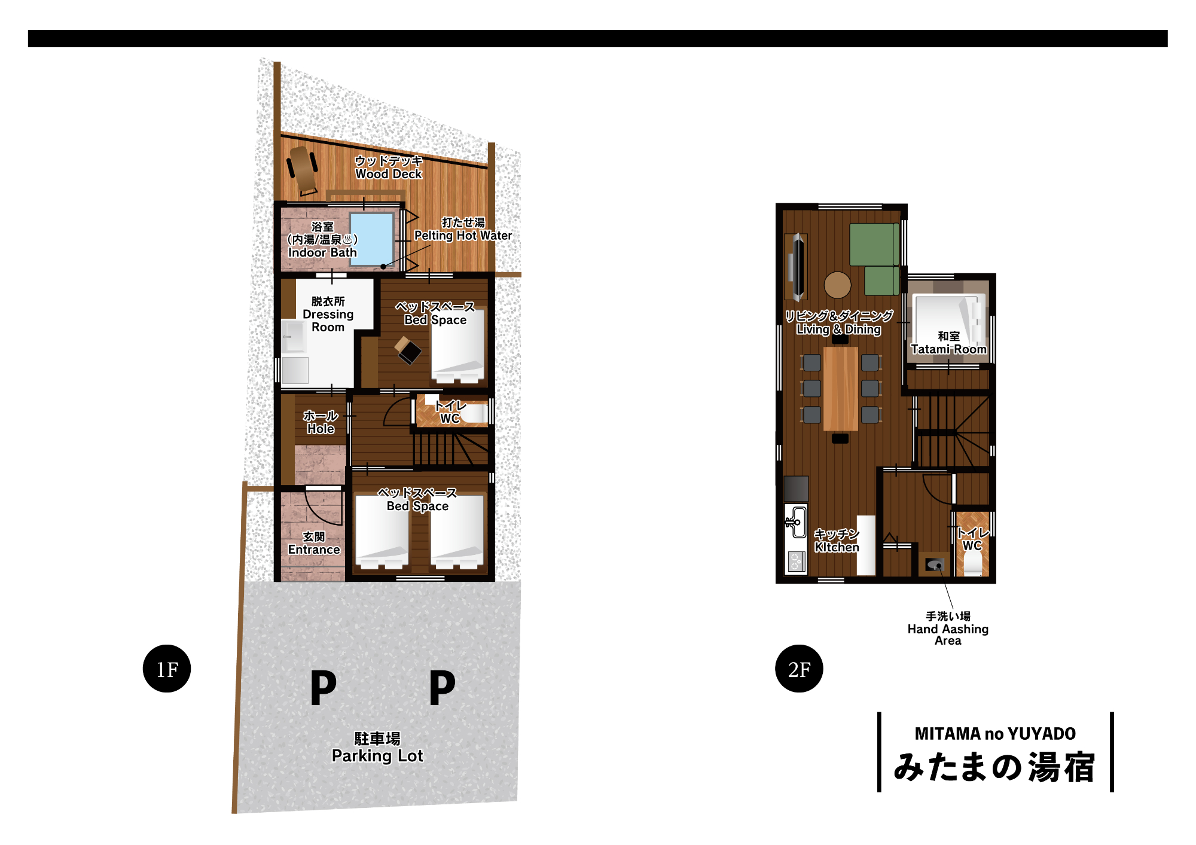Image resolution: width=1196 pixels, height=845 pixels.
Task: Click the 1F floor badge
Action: click(167, 669)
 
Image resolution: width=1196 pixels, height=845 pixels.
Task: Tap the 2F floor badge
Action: click(799, 669)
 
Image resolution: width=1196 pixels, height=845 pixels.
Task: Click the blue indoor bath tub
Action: click(371, 239)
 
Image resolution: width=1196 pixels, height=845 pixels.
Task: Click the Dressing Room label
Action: click(328, 314)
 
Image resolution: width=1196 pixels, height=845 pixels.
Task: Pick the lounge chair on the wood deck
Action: click(303, 169)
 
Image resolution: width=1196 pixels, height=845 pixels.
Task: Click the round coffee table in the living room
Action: click(837, 285)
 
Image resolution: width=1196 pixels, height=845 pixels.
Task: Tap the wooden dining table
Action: click(840, 389)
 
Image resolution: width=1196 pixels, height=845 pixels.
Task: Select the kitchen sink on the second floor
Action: click(795, 521)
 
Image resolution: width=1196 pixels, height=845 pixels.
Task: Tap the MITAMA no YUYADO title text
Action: click(995, 734)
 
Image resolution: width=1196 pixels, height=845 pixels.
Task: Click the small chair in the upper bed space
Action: click(408, 350)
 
